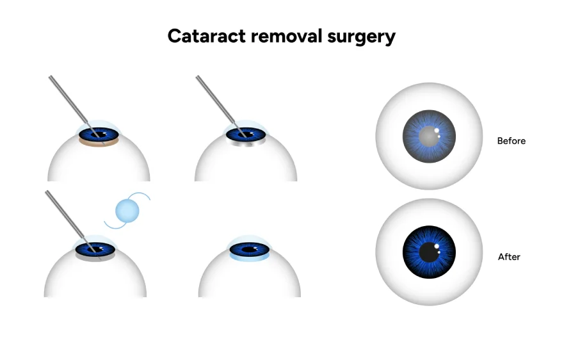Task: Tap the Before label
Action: point(511,141)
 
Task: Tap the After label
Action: point(509,257)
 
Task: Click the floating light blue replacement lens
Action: point(127,210)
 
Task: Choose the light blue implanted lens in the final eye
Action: point(249,258)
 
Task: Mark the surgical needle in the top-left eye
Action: point(68,100)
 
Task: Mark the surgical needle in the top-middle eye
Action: point(214,100)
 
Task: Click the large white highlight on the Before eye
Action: point(437,131)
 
